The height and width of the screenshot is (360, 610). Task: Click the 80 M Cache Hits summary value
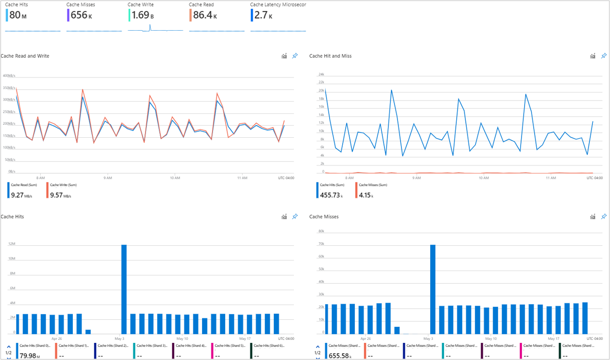pyautogui.click(x=18, y=16)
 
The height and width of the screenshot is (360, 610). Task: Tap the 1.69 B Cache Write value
pyautogui.click(x=142, y=16)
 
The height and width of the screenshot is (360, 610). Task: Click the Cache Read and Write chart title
pyautogui.click(x=25, y=56)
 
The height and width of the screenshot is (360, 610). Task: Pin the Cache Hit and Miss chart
pyautogui.click(x=603, y=56)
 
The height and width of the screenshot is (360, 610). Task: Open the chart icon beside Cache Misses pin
pyautogui.click(x=593, y=217)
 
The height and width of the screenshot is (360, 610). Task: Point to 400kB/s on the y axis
pyautogui.click(x=9, y=76)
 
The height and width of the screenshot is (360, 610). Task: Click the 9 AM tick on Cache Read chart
pyautogui.click(x=108, y=177)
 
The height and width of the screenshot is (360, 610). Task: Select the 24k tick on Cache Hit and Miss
pyautogui.click(x=321, y=74)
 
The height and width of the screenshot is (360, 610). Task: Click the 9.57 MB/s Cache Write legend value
pyautogui.click(x=60, y=195)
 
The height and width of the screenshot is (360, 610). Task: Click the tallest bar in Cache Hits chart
pyautogui.click(x=124, y=289)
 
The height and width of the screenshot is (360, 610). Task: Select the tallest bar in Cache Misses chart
pyautogui.click(x=432, y=289)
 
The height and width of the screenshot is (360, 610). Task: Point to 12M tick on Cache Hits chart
pyautogui.click(x=13, y=244)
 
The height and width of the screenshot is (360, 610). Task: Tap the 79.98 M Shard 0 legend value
pyautogui.click(x=29, y=356)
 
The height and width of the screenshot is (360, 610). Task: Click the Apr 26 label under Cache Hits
pyautogui.click(x=57, y=338)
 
